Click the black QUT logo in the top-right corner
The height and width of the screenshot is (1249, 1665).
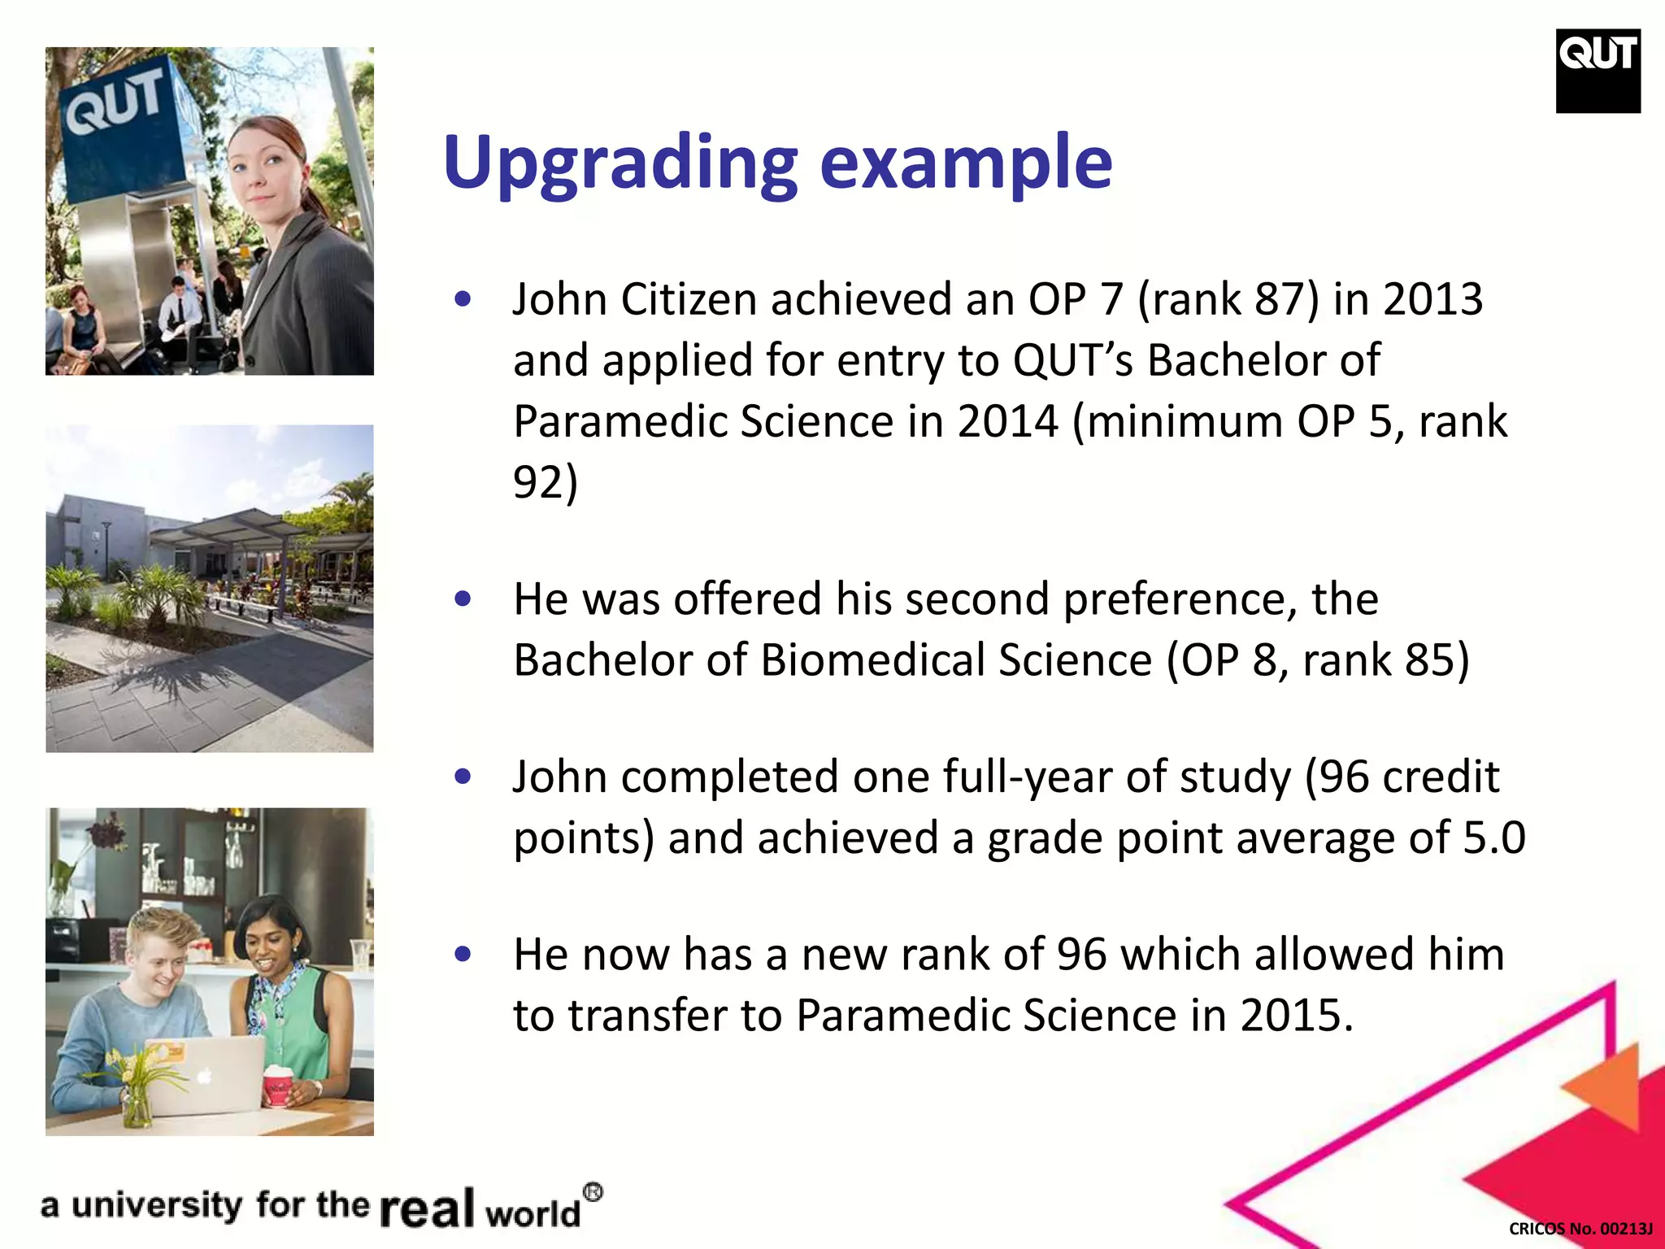1598,71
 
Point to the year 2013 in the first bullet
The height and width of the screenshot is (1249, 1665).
1433,299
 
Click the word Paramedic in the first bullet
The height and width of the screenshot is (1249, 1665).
620,421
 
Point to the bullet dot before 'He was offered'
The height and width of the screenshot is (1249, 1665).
463,599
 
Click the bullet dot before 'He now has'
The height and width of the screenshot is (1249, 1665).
463,954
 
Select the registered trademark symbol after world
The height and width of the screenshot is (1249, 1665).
593,1193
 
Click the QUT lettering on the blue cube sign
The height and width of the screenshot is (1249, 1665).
115,102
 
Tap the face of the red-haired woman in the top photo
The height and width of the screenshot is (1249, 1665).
259,167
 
